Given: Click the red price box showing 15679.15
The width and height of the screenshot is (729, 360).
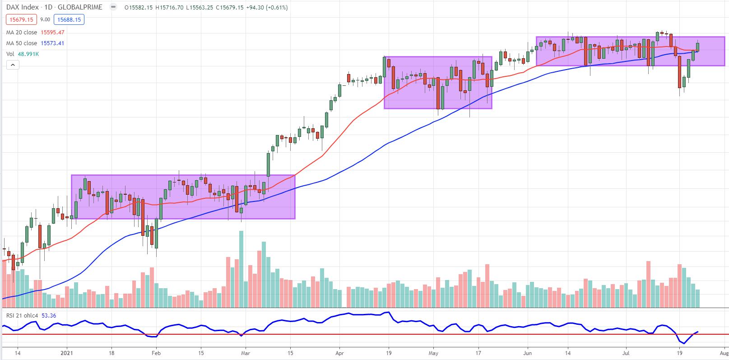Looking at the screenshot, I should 19,19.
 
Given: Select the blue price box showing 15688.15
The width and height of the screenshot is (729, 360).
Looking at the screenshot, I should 69,19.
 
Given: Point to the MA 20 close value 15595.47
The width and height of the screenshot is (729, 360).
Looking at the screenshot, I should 52,32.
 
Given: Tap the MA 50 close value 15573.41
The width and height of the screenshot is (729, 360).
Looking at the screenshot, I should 52,43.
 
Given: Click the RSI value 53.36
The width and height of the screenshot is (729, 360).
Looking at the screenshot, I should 48,315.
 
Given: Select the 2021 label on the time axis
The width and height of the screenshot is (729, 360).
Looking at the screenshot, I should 67,354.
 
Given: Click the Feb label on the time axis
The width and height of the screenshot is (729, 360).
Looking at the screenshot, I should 156,354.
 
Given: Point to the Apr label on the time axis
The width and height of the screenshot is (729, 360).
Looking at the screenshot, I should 339,354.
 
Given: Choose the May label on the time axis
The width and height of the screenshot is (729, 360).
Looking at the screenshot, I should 434,354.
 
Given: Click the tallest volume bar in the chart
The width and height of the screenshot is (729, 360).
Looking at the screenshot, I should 241,269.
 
